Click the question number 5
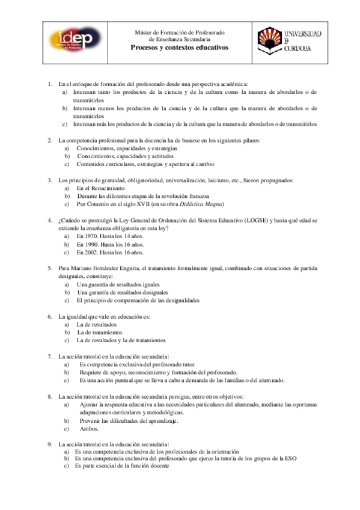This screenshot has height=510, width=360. (50, 268)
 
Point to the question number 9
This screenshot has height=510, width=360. (50, 444)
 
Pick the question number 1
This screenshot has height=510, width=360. (50, 84)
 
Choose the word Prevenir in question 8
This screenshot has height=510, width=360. (90, 421)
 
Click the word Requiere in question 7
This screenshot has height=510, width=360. (91, 372)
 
